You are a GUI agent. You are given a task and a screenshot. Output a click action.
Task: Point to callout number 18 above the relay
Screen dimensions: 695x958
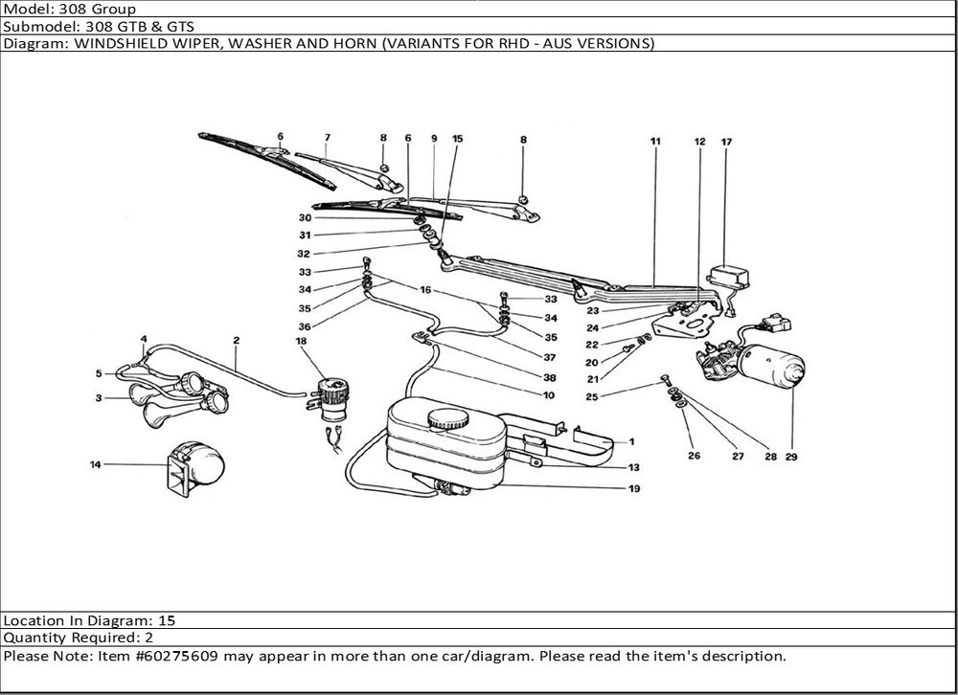tap(301, 341)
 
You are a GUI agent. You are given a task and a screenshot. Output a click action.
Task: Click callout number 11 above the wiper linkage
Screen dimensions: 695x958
tap(655, 142)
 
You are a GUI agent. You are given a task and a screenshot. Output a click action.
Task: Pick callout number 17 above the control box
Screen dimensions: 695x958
tap(726, 142)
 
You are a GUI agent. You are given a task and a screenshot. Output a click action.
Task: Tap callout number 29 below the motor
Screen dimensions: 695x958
tap(791, 457)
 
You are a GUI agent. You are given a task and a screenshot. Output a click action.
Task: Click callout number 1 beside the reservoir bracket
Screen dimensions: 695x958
tap(632, 442)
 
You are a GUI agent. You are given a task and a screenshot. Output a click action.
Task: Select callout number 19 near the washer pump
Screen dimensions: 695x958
tap(634, 488)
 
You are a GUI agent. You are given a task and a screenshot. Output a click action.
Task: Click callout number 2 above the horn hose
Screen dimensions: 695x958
tap(236, 340)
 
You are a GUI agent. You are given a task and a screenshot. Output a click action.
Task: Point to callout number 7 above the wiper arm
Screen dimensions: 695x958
tap(327, 137)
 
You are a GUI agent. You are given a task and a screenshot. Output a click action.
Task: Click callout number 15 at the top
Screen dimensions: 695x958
tap(457, 139)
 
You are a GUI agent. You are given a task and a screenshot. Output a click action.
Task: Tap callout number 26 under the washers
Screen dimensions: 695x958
tap(694, 457)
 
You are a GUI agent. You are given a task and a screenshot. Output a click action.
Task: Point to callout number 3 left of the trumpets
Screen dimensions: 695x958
tap(99, 397)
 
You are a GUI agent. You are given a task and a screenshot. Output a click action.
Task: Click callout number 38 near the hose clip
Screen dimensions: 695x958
tap(550, 377)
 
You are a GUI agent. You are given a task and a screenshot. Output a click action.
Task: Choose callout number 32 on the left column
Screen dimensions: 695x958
tap(305, 254)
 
